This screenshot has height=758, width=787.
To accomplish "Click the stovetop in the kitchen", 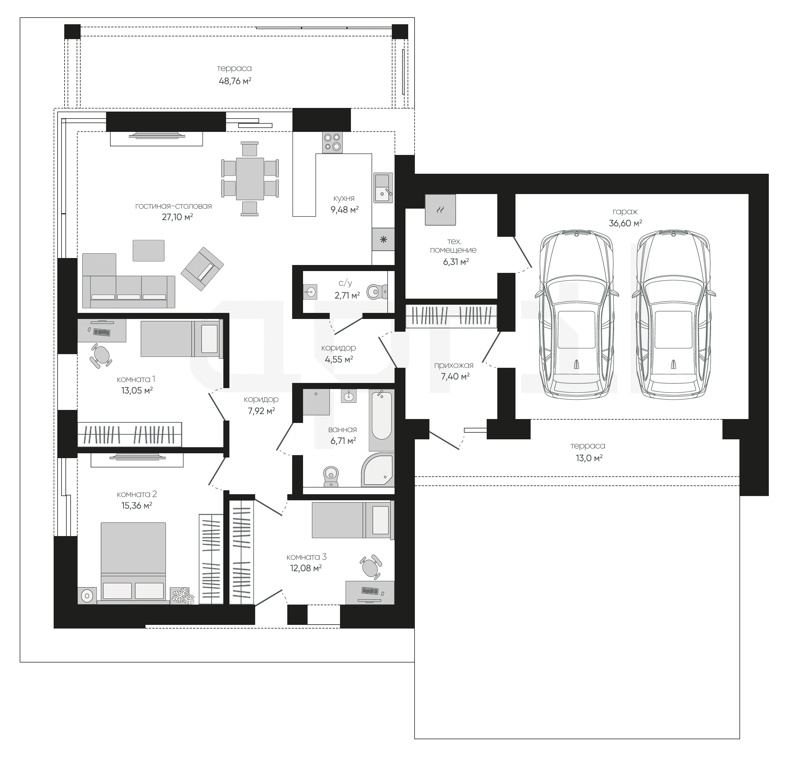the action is click(332, 142).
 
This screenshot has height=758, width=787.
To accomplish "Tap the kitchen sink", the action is click(383, 188).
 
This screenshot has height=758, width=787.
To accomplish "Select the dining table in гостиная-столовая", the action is click(250, 178).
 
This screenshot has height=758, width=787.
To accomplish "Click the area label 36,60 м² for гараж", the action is click(625, 223).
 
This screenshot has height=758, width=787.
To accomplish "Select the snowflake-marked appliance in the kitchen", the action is click(383, 240).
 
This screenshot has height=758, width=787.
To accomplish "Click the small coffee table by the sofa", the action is click(148, 251).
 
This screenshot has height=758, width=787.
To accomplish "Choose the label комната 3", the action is click(306, 557).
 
